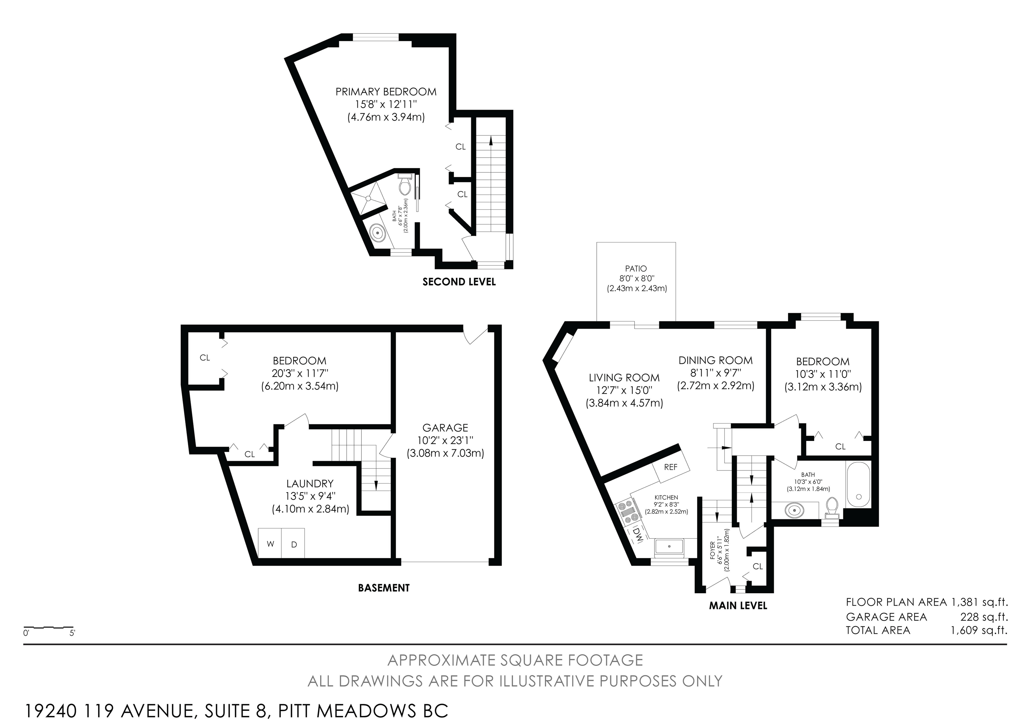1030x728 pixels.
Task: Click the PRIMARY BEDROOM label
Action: [x=386, y=92]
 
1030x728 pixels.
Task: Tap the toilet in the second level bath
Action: [x=405, y=185]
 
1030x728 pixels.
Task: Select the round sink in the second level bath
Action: [x=378, y=233]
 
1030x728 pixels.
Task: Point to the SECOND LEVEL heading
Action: [x=459, y=282]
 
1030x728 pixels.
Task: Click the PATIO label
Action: [x=636, y=269]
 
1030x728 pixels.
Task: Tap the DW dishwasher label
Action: [x=637, y=534]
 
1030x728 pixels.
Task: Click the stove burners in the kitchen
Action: [x=628, y=511]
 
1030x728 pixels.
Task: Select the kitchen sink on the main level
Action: [x=669, y=547]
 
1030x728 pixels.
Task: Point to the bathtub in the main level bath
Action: [x=858, y=485]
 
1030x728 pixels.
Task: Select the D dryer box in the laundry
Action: [x=293, y=543]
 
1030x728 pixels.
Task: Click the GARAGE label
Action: [x=445, y=428]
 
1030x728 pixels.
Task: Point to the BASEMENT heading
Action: [x=384, y=587]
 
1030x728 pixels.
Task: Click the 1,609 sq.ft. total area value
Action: [x=979, y=630]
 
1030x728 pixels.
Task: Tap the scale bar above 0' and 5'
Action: [x=49, y=627]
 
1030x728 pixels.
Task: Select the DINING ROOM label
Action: [x=716, y=360]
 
